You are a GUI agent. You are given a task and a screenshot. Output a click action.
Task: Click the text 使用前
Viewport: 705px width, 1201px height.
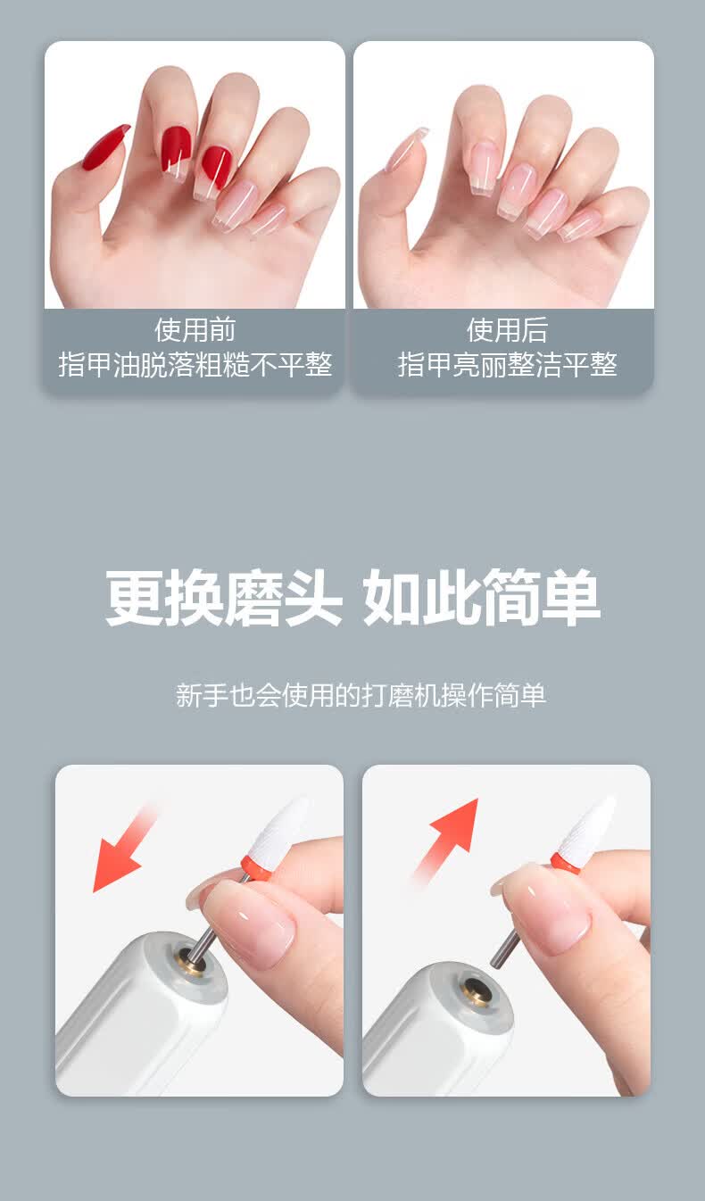[x=195, y=329]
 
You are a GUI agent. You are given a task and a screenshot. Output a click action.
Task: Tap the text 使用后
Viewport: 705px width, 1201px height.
[x=507, y=329]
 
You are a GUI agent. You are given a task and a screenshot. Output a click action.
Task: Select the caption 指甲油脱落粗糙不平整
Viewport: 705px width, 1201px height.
[x=195, y=365]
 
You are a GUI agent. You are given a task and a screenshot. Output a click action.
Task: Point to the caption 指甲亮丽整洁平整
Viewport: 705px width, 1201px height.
[x=507, y=365]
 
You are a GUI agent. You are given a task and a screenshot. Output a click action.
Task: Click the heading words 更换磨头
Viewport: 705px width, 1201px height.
[x=224, y=597]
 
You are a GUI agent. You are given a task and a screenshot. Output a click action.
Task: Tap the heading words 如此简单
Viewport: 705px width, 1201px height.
[x=481, y=597]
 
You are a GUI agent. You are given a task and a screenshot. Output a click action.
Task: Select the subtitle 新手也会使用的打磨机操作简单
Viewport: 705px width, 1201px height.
[x=361, y=695]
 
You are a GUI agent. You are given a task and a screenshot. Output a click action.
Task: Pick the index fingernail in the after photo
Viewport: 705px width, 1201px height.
[x=484, y=167]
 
